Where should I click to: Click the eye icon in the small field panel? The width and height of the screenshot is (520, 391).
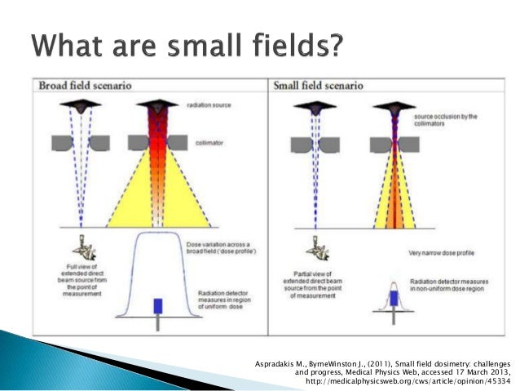[314, 245]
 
